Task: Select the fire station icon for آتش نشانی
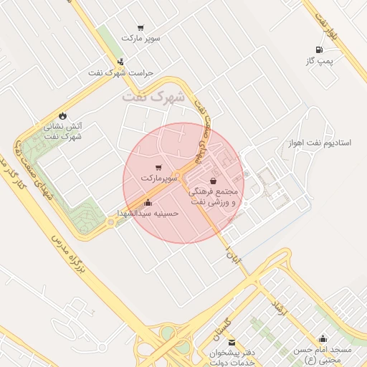[62, 115]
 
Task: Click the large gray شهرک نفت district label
[153, 96]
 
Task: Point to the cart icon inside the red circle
[158, 167]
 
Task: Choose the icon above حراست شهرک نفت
[120, 62]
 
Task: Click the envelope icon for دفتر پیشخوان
[231, 343]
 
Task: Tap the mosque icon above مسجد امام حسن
[323, 338]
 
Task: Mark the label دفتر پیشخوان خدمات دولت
[231, 357]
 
